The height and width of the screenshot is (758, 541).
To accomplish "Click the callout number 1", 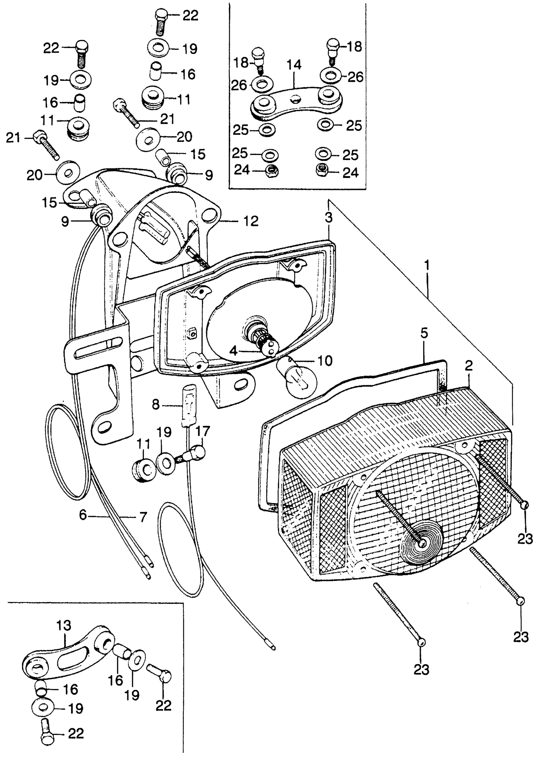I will tap(427, 266).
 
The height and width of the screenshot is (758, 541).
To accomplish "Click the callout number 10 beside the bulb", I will tap(325, 360).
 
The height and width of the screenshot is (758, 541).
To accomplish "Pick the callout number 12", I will tap(250, 221).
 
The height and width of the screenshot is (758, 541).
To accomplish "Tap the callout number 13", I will tap(64, 626).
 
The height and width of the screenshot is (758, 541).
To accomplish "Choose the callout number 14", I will tap(293, 65).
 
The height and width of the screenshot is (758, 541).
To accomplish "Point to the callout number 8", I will tap(156, 405).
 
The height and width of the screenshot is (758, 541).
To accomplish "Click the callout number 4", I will tap(234, 351).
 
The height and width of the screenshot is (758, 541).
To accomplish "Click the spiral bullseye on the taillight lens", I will tap(422, 545).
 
